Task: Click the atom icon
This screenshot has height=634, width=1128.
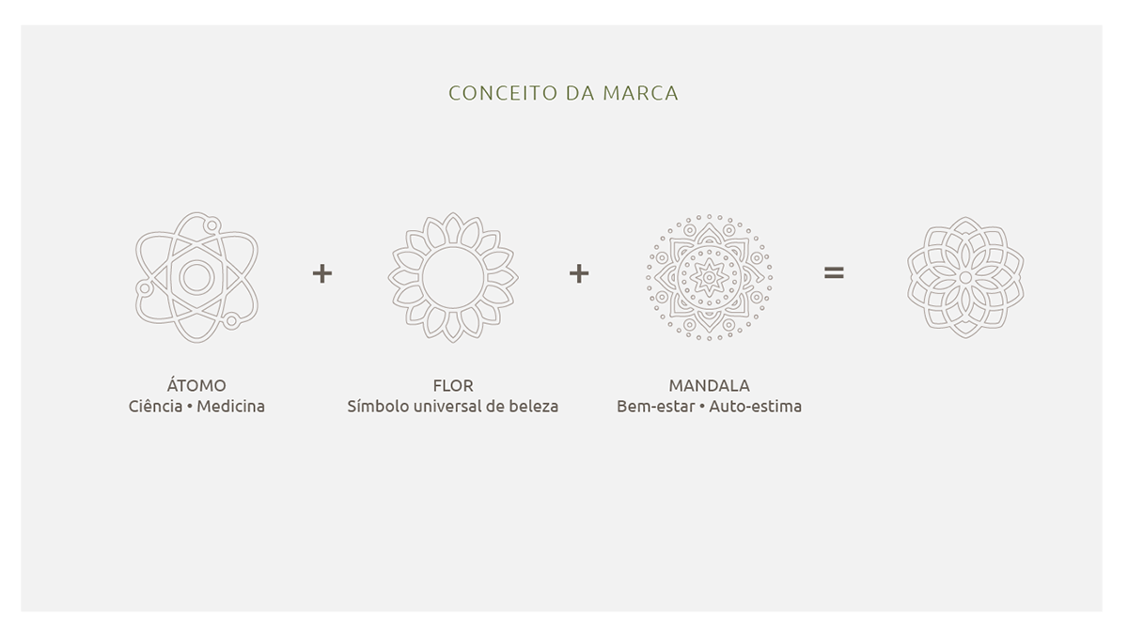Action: [196, 277]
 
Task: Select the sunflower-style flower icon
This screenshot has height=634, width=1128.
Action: [452, 277]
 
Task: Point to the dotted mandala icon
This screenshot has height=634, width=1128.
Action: [709, 277]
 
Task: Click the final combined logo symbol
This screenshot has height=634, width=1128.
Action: [965, 277]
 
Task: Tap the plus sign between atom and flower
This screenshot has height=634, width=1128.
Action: [322, 273]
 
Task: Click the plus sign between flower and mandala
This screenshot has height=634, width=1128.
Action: [579, 273]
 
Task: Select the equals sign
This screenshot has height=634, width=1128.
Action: [834, 273]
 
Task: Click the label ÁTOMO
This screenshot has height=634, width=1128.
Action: [196, 385]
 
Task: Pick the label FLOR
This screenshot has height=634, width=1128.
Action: [452, 385]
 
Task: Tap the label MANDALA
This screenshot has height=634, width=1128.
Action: [709, 385]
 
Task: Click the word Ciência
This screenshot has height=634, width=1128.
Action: [156, 407]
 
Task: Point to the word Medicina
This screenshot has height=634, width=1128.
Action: [230, 407]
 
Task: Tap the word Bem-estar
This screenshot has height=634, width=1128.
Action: [655, 407]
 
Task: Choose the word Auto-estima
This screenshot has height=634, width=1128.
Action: [755, 407]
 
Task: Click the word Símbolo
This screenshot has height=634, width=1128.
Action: [378, 407]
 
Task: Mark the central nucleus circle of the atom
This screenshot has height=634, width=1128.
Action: [196, 277]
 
